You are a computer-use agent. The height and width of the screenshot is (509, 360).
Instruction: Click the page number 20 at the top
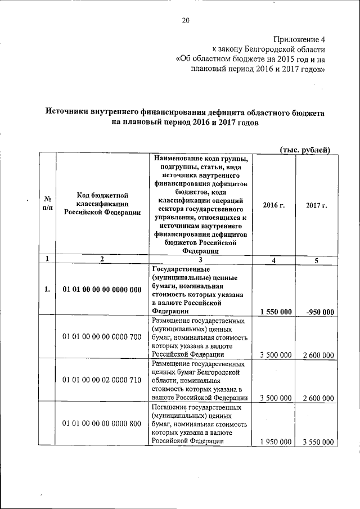click(186, 21)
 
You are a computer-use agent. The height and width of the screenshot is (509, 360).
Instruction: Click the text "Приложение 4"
click(299, 39)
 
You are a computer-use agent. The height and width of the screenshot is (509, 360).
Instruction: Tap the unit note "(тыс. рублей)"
click(305, 148)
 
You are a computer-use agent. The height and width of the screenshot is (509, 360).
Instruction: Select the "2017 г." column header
click(317, 205)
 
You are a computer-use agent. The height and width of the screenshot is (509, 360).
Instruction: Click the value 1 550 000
click(276, 312)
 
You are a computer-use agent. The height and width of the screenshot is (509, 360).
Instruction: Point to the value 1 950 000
click(276, 442)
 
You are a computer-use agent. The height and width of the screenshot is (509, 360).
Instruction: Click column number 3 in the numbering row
click(200, 259)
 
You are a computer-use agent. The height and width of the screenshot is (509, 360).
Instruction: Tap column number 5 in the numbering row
click(317, 259)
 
